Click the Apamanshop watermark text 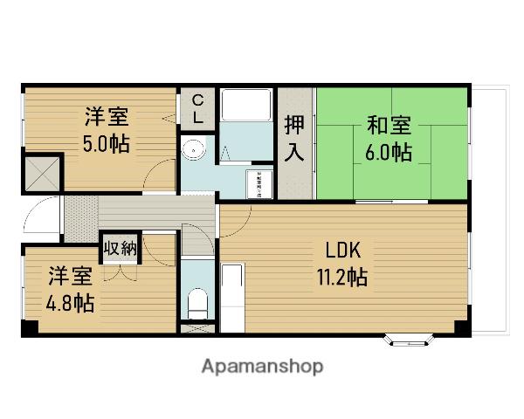coord(263,366)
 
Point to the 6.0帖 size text coord(389,152)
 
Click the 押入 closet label coord(295,138)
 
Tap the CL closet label coord(198,107)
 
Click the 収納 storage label coord(121,248)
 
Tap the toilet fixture coord(197,304)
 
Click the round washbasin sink coord(193,150)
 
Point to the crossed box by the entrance coord(42,172)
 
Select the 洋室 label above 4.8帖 coord(70,278)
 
